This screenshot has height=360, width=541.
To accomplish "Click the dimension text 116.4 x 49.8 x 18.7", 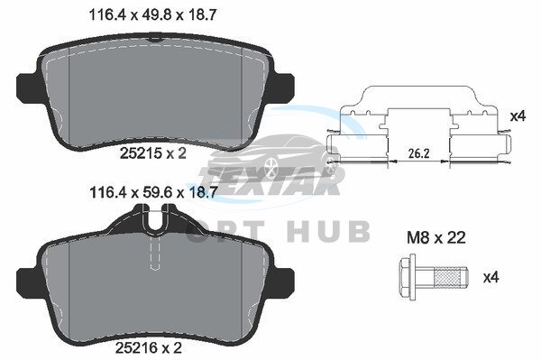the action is [x=153, y=15].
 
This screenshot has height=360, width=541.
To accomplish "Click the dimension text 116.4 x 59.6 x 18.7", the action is [x=153, y=192].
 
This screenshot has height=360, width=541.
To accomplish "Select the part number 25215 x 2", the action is [x=153, y=152].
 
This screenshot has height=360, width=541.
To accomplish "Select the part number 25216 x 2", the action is [x=149, y=348].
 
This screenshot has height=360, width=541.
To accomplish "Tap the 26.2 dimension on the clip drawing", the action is [x=418, y=153].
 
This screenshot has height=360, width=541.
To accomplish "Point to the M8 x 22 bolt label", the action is [x=436, y=238].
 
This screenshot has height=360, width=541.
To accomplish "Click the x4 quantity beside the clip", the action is [x=518, y=116].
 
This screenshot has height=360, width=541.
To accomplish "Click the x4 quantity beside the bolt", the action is [x=491, y=277].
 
